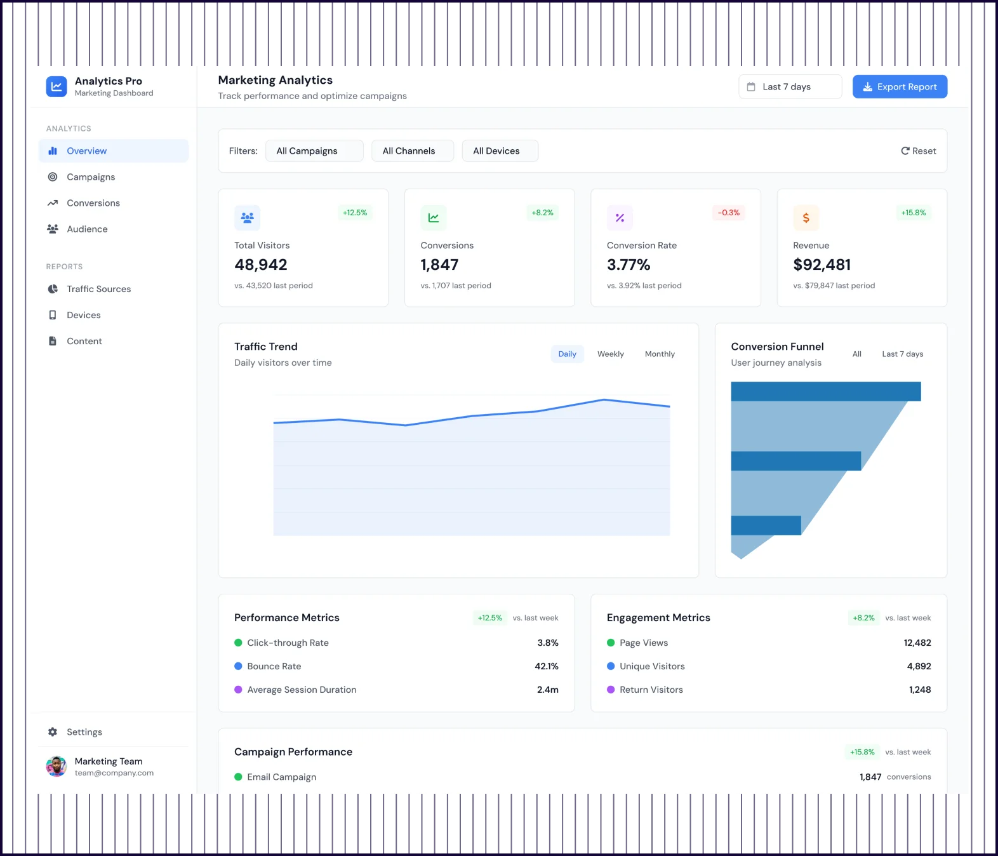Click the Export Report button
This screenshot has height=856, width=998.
pos(900,87)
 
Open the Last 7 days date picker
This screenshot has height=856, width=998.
pos(790,87)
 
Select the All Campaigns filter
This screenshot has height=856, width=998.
pos(314,151)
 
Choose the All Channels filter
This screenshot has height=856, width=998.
pos(413,151)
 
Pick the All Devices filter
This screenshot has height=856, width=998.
pos(500,151)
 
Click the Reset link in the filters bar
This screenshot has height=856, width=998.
pos(918,151)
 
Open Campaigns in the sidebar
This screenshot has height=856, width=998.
pos(91,177)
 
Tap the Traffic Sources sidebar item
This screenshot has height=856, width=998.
pos(98,289)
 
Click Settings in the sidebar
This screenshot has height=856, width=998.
pos(84,732)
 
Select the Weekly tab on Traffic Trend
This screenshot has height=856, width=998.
pos(610,354)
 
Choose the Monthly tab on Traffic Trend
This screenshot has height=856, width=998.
pos(660,354)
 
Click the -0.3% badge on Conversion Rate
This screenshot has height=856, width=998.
pos(728,213)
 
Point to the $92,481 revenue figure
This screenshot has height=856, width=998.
pos(822,265)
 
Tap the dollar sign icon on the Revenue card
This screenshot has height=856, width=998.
pos(806,218)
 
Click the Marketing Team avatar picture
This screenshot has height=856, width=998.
pos(57,766)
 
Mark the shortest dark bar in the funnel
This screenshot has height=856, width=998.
pos(766,525)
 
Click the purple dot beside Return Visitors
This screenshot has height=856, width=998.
pos(611,690)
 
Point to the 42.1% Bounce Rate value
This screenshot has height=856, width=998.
pos(546,666)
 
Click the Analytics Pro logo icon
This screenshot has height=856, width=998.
pos(57,86)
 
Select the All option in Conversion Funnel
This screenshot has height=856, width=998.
pos(856,354)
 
